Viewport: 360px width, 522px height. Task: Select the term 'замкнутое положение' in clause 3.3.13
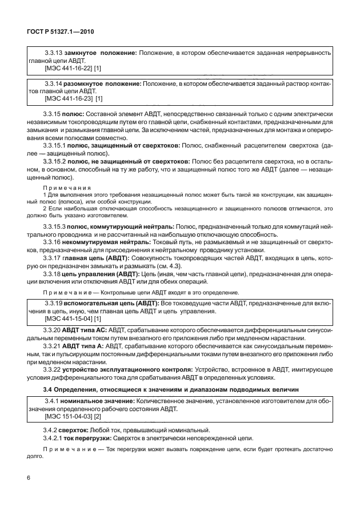coord(101,53)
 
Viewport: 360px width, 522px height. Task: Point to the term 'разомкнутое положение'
coord(105,83)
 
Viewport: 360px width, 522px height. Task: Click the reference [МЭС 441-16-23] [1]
coord(73,98)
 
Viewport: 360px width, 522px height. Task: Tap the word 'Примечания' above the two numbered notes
coord(62,188)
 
